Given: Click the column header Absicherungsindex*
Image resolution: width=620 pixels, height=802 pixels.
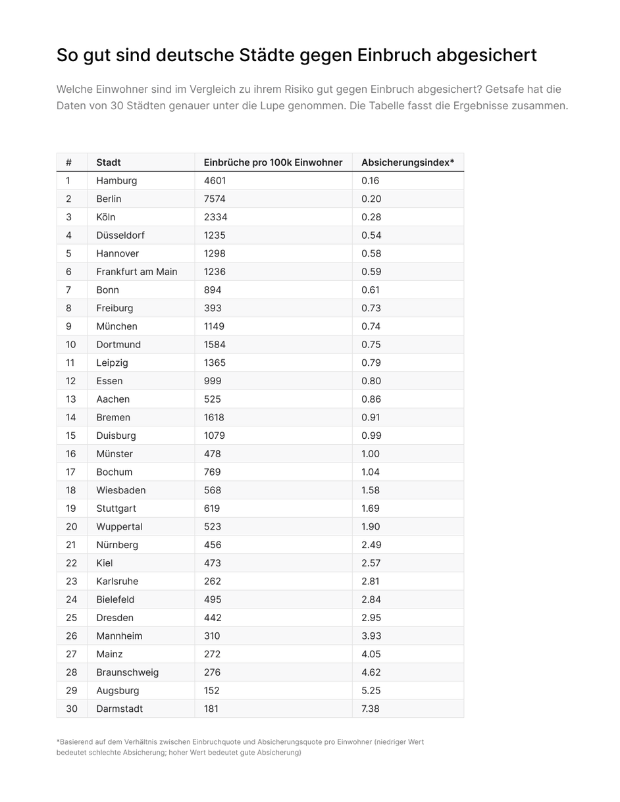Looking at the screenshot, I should point(407,163).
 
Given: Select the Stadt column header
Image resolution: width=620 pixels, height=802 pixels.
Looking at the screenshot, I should point(109,163).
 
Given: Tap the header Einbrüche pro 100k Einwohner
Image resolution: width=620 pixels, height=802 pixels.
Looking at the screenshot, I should point(273,163).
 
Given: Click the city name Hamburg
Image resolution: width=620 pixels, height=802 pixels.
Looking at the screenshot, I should point(116,181).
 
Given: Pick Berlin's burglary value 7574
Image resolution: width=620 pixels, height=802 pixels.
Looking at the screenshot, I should point(215,199).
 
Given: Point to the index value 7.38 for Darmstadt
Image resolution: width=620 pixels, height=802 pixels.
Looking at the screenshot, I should point(371,709).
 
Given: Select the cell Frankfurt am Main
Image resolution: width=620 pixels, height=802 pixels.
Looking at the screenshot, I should point(137,272).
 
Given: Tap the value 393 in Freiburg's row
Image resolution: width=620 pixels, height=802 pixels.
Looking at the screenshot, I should point(213,308).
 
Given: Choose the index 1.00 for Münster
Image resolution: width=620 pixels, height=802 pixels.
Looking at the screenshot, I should point(371,454).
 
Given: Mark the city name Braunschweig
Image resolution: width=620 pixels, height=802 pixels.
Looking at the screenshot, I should point(127,672).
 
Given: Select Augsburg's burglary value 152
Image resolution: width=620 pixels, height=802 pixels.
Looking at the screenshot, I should point(212,691).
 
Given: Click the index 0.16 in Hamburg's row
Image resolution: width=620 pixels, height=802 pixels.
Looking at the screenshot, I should point(371,181).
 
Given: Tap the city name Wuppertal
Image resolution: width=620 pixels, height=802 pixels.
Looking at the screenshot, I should point(119,527).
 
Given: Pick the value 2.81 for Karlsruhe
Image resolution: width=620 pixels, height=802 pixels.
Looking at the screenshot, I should point(371,582).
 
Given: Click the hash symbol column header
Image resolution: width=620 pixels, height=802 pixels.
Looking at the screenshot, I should point(68,163).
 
